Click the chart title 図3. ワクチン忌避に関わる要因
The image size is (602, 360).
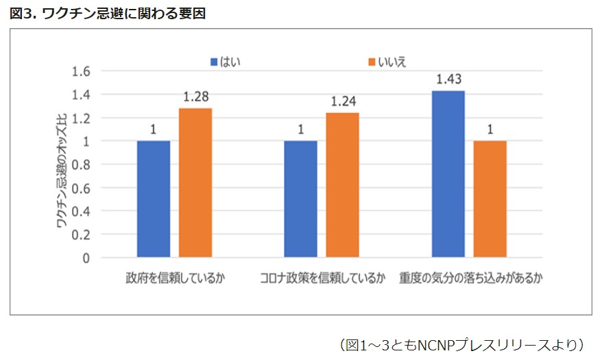point(108,13)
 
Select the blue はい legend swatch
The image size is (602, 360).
point(214,62)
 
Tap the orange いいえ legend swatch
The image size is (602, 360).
point(372,62)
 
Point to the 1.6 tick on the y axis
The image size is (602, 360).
point(81,71)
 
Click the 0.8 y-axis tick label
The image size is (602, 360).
point(81,165)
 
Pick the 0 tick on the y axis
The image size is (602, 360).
point(86,259)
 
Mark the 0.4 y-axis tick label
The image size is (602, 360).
point(81,211)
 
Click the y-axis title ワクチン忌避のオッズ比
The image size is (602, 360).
point(62,165)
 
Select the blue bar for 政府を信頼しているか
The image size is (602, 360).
point(154,199)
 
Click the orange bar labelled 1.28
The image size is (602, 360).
point(195,182)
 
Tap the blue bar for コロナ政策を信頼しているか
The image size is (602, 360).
point(300,199)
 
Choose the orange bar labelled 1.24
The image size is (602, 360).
point(342,185)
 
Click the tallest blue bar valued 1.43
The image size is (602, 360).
point(448,174)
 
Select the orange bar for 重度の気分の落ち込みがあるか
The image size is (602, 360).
point(490,199)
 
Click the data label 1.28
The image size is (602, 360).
point(196,97)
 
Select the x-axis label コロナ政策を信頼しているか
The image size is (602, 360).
point(322,279)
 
